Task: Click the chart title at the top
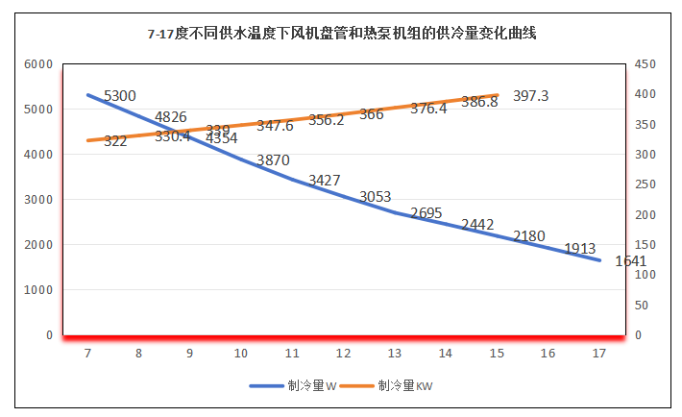(x=341, y=34)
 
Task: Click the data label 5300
(x=120, y=95)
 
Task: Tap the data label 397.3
(x=531, y=96)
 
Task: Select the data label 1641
(x=630, y=260)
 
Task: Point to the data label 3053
(x=376, y=197)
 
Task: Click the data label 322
(x=115, y=140)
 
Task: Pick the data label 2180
(x=529, y=235)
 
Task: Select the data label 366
(x=371, y=114)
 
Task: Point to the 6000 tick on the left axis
(x=37, y=64)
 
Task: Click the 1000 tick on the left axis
(x=37, y=290)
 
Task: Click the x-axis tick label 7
(x=87, y=354)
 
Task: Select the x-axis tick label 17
(x=598, y=354)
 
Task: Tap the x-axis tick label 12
(x=343, y=354)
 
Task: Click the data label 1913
(x=580, y=248)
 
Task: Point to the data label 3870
(x=273, y=160)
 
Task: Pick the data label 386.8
(x=479, y=102)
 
